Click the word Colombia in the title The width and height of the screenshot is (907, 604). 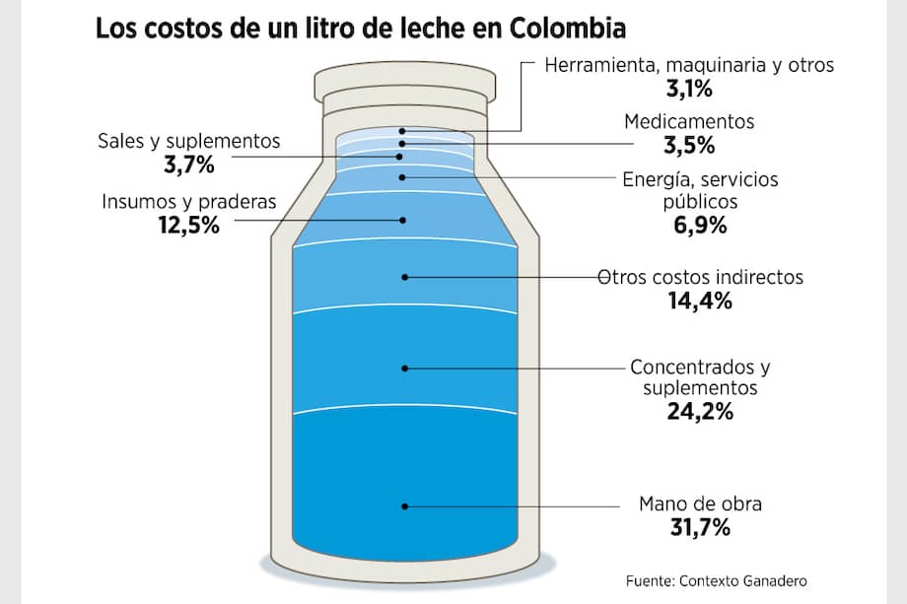pyautogui.click(x=567, y=26)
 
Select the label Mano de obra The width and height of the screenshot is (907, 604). pyautogui.click(x=700, y=505)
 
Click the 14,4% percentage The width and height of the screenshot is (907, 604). pyautogui.click(x=700, y=302)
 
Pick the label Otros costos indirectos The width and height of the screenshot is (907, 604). pyautogui.click(x=702, y=277)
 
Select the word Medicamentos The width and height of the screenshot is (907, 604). pyautogui.click(x=689, y=122)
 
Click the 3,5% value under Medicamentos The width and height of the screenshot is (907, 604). pyautogui.click(x=689, y=146)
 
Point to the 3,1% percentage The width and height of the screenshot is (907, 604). pyautogui.click(x=689, y=90)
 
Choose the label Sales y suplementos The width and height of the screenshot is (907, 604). pyautogui.click(x=188, y=141)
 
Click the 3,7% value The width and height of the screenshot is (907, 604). pyautogui.click(x=187, y=165)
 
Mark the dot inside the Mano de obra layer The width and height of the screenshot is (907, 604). pyautogui.click(x=403, y=506)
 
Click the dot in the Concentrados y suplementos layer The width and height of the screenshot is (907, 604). pyautogui.click(x=403, y=369)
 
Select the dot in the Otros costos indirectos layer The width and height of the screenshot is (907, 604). pyautogui.click(x=403, y=277)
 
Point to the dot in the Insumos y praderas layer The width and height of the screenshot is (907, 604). pyautogui.click(x=403, y=220)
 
